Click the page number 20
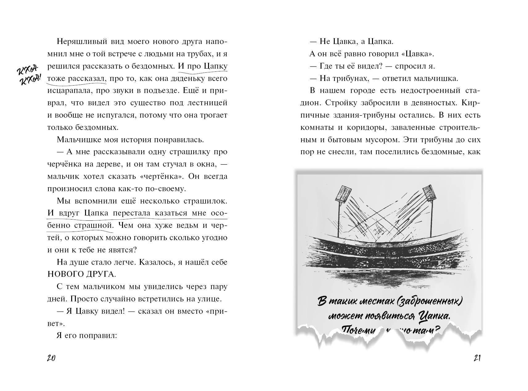point(51,358)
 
